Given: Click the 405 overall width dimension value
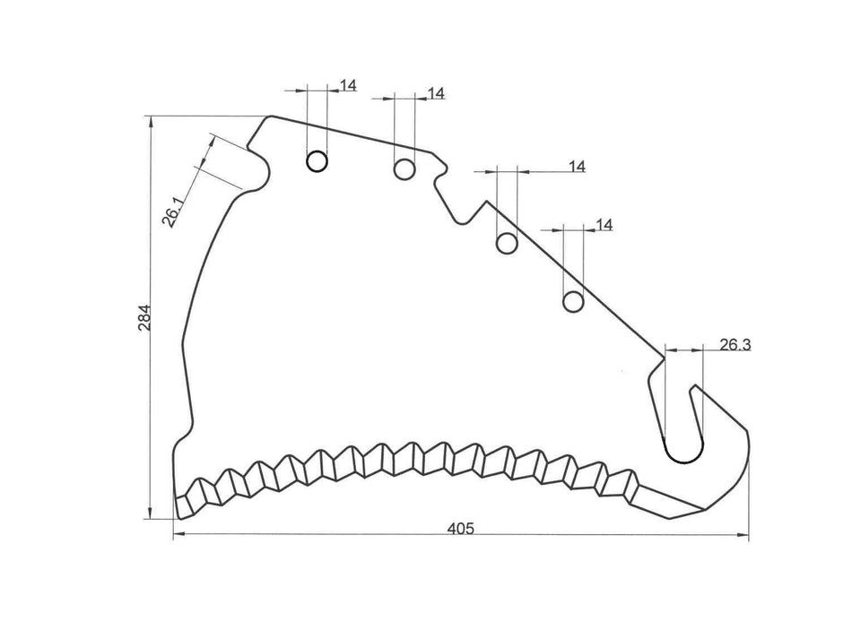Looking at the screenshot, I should tap(461, 529).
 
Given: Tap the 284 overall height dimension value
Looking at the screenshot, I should tap(144, 319).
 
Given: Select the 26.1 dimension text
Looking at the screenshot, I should tap(174, 212).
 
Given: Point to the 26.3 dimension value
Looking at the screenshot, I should tap(735, 344).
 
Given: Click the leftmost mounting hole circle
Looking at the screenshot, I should tap(317, 161).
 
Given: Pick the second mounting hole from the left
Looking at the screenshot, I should tap(404, 168).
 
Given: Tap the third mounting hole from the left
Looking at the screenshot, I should tap(508, 243).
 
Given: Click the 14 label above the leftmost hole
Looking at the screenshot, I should tap(349, 86).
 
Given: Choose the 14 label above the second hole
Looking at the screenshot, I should tap(437, 93).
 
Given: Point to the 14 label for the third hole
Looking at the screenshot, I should tap(577, 167).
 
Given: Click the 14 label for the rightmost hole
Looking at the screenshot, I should tap(604, 225).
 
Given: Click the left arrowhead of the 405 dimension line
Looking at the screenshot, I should tap(176, 536).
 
